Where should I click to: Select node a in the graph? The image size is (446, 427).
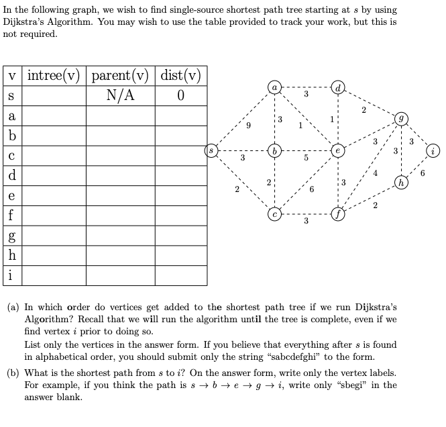(x=274, y=87)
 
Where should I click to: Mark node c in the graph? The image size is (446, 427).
(x=274, y=215)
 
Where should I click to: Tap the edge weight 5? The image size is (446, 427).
(x=306, y=159)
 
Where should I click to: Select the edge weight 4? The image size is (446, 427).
(x=376, y=173)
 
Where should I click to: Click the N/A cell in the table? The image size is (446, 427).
(x=120, y=95)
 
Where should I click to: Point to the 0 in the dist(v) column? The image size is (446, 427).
(x=180, y=95)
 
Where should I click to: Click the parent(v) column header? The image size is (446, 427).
(x=120, y=75)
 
